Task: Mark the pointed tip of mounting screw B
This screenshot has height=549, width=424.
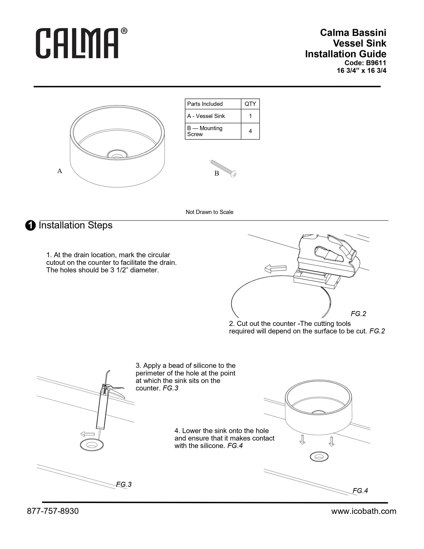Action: coord(209,160)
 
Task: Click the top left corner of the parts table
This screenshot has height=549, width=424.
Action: coord(185,99)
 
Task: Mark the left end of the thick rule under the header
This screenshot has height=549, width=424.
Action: coord(34,87)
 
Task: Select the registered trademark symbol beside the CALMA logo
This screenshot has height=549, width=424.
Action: coord(124,31)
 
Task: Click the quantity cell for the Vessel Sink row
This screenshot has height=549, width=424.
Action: coord(250,116)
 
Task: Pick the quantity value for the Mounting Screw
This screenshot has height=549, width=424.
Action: coord(250,131)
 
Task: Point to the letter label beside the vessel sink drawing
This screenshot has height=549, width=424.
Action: coord(60,171)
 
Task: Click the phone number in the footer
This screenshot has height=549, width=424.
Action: coord(53,511)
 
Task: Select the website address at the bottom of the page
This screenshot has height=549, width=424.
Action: coord(364,511)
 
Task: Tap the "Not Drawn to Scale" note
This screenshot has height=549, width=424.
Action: coord(209,212)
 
